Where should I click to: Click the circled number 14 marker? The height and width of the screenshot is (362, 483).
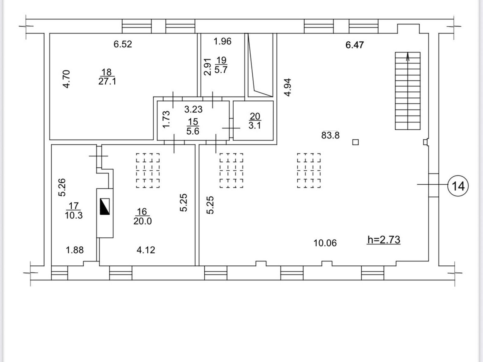tap(458, 186)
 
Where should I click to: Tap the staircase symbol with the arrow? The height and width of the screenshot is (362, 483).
tap(408, 91)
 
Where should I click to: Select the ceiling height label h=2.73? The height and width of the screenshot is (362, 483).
tap(384, 240)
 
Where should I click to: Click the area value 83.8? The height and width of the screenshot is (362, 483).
tap(330, 135)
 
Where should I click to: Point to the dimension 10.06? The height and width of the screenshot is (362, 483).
tap(325, 243)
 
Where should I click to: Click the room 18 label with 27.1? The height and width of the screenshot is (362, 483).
tap(107, 77)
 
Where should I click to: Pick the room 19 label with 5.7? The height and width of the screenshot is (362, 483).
tap(221, 65)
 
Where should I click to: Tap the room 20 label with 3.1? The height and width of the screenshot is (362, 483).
tap(255, 121)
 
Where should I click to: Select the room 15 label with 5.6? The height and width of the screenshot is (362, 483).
tap(193, 126)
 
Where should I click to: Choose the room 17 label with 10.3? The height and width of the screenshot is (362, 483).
tap(74, 211)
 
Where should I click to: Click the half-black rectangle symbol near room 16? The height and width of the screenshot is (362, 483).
tap(105, 207)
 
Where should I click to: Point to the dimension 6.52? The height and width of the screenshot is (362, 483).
tap(123, 44)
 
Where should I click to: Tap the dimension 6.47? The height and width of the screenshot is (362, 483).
tap(354, 45)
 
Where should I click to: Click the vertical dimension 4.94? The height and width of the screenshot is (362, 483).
tap(288, 87)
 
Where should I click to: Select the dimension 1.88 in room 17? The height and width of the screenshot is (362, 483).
tap(75, 250)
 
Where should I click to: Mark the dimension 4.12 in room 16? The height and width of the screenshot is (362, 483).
tap(146, 250)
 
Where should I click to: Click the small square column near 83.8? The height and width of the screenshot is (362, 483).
tap(355, 142)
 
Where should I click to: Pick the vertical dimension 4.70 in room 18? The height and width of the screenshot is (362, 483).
tap(66, 79)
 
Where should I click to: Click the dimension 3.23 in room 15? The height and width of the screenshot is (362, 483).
tap(194, 109)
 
